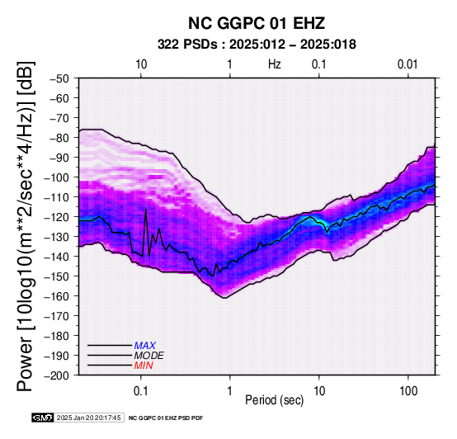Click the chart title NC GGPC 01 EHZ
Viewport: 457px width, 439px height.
point(257,23)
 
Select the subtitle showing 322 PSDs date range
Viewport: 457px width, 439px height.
point(257,45)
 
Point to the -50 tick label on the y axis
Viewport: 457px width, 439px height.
point(59,78)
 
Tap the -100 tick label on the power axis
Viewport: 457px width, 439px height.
point(57,177)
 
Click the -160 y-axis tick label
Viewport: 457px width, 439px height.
point(57,296)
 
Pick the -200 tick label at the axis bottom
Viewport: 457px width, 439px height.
point(57,375)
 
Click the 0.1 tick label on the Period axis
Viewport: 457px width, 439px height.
point(141,391)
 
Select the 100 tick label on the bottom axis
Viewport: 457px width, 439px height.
point(408,391)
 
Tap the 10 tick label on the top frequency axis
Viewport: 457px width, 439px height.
point(141,64)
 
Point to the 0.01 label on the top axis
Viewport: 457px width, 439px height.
point(408,64)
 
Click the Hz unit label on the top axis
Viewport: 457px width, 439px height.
point(275,64)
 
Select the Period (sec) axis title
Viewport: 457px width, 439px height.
point(274,400)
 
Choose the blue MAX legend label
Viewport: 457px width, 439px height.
point(145,346)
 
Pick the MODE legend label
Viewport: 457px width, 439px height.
point(149,356)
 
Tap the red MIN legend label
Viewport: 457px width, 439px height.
point(144,366)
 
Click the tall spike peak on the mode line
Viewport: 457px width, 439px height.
point(146,210)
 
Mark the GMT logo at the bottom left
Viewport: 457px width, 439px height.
point(43,418)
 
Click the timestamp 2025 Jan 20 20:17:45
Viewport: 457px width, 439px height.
point(88,418)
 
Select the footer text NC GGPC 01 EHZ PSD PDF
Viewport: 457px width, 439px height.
point(166,418)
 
